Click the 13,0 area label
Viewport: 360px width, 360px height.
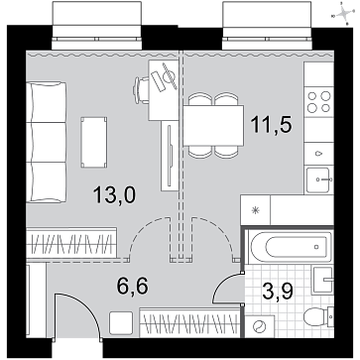(114, 195)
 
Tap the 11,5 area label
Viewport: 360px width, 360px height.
(271, 125)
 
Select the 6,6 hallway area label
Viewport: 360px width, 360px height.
(132, 286)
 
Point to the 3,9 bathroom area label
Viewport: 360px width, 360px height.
(278, 291)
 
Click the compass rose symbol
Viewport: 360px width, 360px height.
(344, 14)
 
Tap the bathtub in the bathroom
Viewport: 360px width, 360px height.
(290, 246)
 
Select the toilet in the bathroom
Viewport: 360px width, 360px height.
(318, 316)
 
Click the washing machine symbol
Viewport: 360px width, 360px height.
(260, 326)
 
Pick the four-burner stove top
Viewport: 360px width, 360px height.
(318, 102)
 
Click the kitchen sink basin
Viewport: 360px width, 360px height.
(318, 180)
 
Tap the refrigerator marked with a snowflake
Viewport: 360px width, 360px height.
(255, 210)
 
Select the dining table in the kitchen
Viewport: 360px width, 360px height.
(213, 126)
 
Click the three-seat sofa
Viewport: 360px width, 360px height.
(47, 142)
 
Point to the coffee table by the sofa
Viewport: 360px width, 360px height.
(94, 142)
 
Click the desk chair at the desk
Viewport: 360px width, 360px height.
(141, 90)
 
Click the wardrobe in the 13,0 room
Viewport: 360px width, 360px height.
(71, 243)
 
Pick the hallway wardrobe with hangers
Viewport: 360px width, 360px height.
(189, 322)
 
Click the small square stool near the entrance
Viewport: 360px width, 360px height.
(121, 322)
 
